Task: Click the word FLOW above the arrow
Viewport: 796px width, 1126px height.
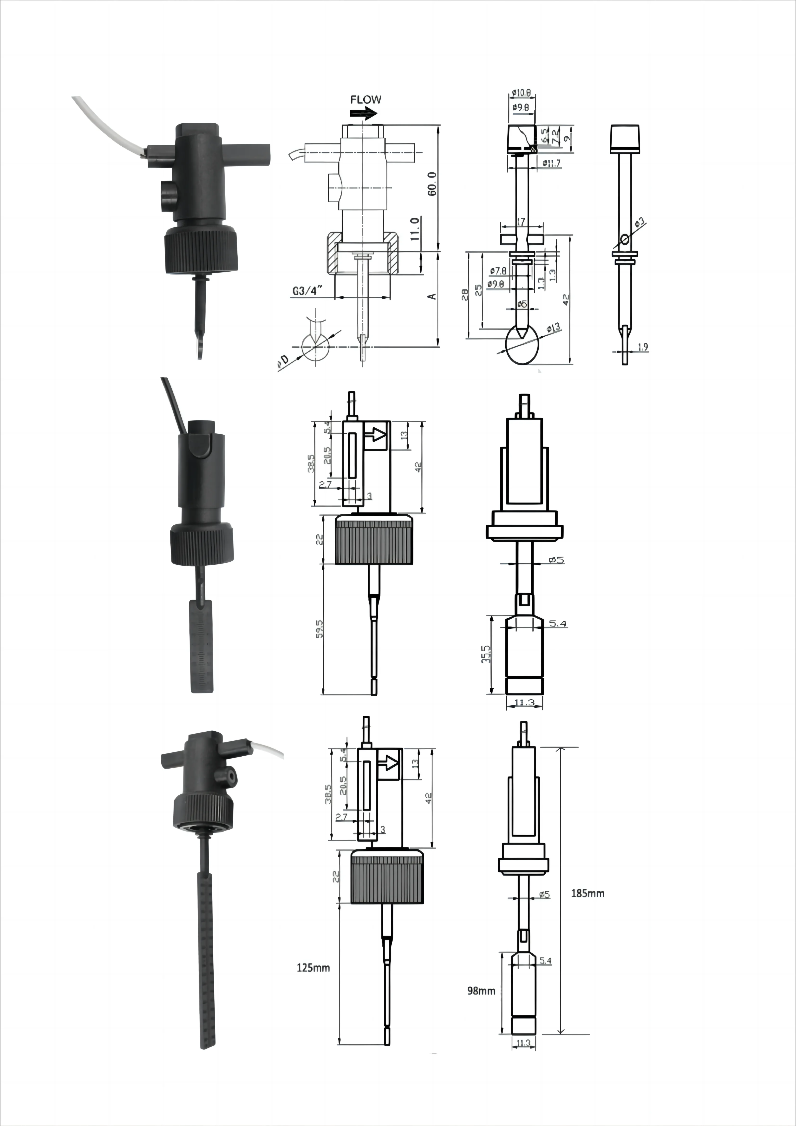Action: [365, 99]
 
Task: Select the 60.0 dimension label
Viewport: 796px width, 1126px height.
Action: [432, 184]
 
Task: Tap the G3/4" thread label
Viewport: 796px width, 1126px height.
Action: [307, 291]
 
